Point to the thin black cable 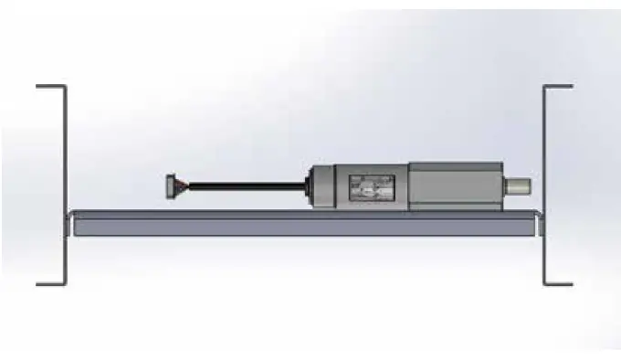(x=247, y=186)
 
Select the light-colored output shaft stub (x=520, y=187)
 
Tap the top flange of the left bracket (x=51, y=87)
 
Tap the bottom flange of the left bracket (x=51, y=283)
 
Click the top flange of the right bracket (x=558, y=87)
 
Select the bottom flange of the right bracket (x=558, y=283)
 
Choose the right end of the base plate (x=533, y=224)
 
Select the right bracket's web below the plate (x=544, y=260)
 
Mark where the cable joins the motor (x=306, y=186)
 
